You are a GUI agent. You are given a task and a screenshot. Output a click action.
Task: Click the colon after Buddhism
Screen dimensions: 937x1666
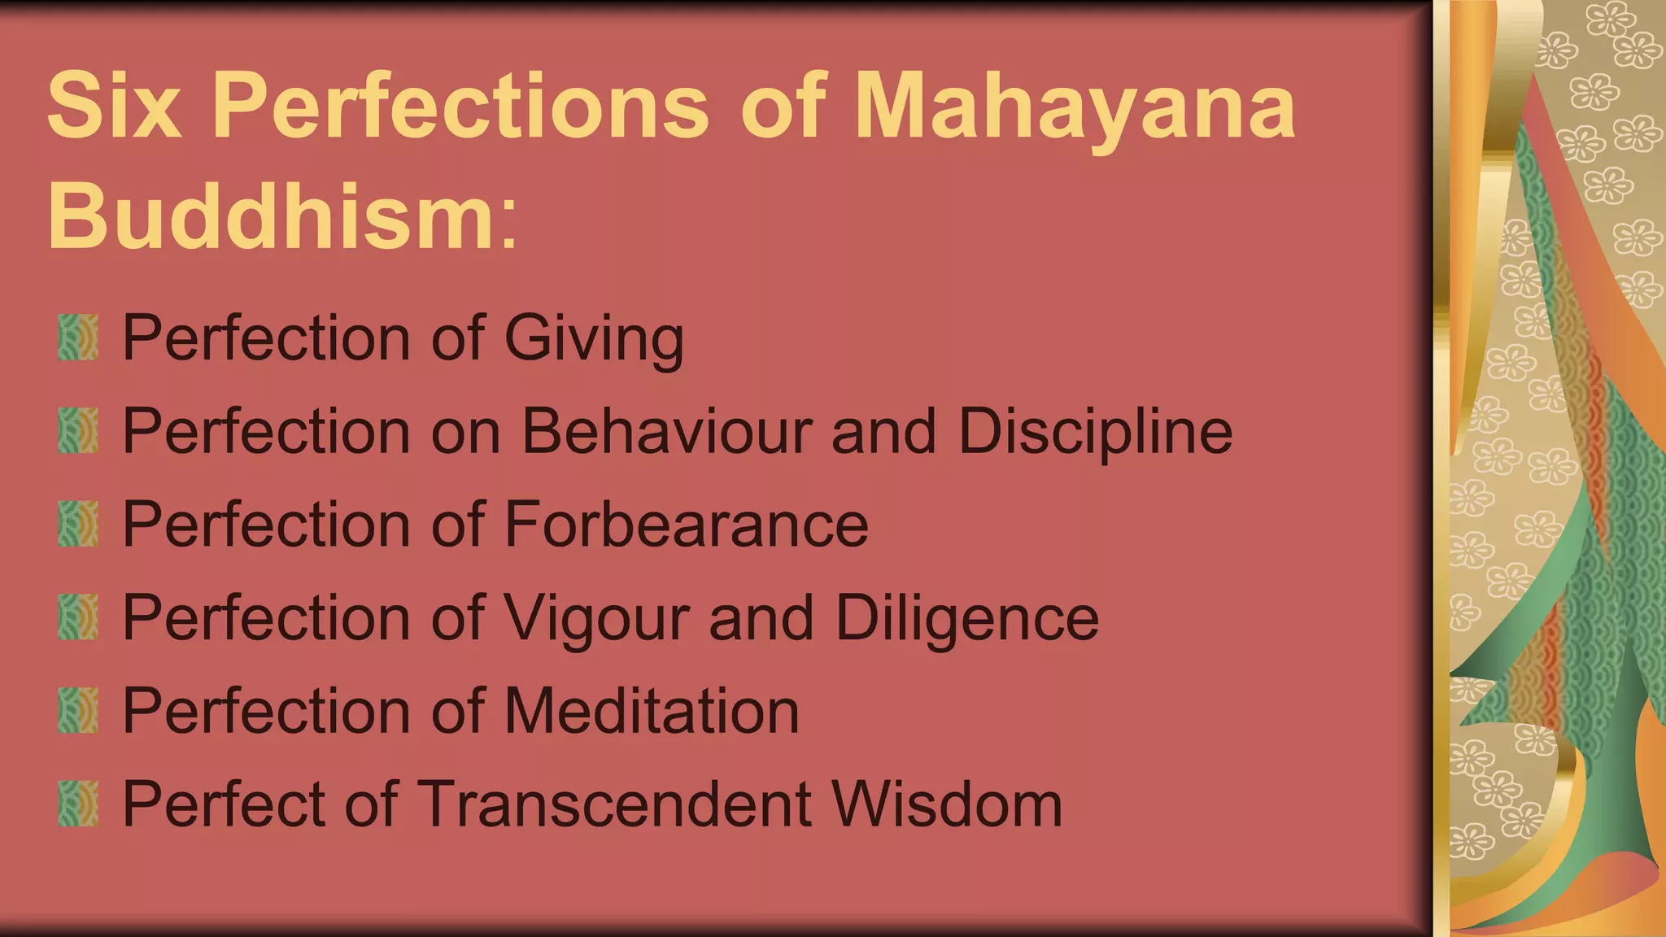coord(508,224)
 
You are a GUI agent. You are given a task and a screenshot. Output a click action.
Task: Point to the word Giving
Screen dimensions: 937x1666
coord(594,338)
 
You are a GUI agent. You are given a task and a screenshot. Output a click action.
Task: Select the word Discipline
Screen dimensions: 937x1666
coord(1095,431)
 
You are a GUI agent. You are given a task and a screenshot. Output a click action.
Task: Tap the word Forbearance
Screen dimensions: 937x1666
coord(687,525)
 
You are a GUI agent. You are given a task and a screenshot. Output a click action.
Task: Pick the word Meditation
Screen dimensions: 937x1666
coord(652,712)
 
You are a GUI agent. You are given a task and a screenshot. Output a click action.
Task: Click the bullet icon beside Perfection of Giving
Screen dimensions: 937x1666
coord(78,338)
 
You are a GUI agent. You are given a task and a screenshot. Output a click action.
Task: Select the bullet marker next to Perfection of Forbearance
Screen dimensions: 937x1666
coord(78,525)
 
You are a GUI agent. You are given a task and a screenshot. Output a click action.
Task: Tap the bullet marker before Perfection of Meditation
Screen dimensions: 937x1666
coord(78,711)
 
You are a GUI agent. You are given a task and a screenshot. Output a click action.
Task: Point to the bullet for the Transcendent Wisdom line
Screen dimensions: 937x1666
coord(78,804)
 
